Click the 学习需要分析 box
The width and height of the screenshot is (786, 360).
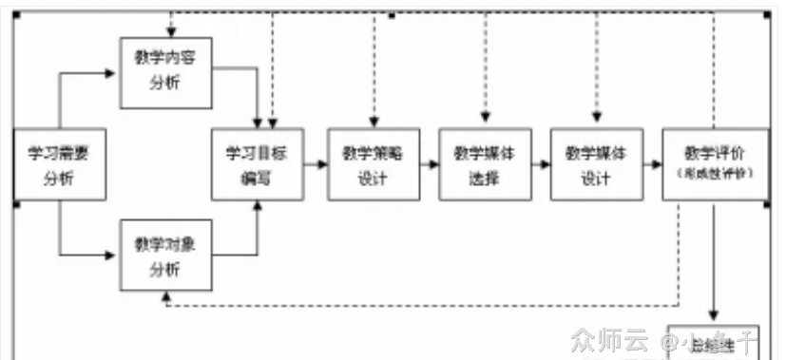coord(58,164)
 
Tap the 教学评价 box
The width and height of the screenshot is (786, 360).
coord(715,161)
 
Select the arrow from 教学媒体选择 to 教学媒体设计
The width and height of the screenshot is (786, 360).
coord(541,163)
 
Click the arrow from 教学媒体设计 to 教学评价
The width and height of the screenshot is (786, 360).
coord(652,163)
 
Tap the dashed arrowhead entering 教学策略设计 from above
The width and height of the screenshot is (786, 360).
coord(374,121)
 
